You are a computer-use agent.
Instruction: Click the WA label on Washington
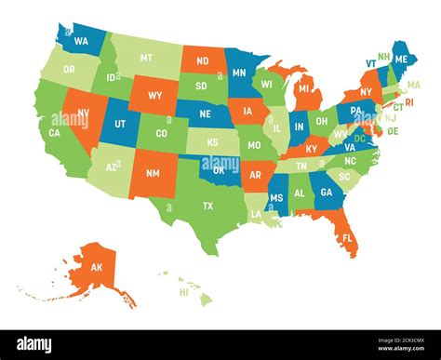click(x=81, y=42)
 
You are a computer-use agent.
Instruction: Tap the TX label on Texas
click(x=207, y=206)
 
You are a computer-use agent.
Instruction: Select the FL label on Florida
click(x=347, y=238)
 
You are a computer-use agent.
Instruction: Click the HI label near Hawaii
click(x=183, y=292)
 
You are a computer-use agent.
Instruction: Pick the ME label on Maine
click(x=401, y=59)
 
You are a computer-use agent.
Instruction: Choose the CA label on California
click(x=55, y=134)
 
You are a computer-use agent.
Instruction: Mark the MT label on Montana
click(x=146, y=58)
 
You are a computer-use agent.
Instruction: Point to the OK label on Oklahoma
click(x=220, y=171)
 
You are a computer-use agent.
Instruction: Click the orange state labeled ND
click(x=202, y=63)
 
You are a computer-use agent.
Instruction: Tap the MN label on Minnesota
click(x=239, y=73)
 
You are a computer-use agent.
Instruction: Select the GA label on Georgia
click(x=326, y=192)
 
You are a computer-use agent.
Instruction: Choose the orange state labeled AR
click(x=256, y=175)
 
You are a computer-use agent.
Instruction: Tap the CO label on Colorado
click(x=162, y=134)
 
